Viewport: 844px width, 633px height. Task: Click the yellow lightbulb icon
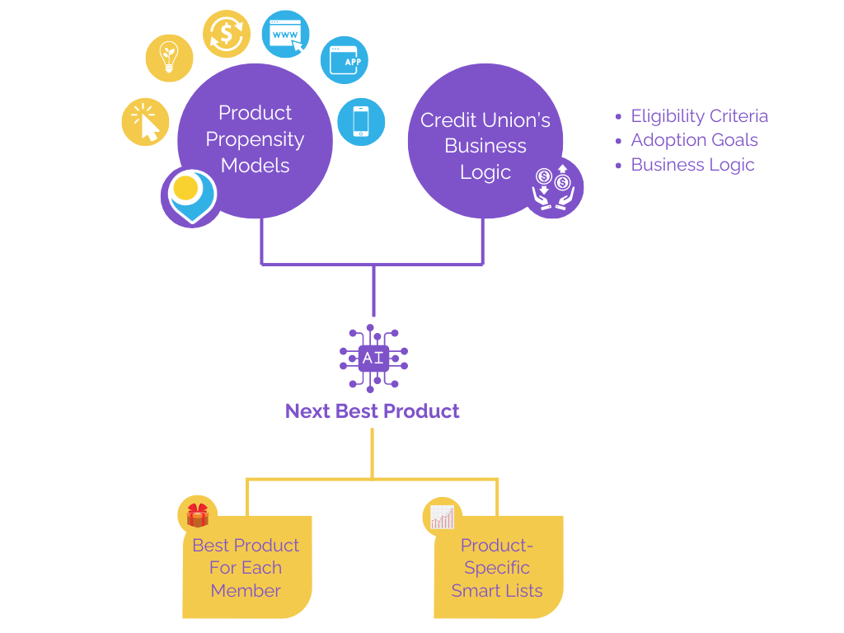tap(170, 59)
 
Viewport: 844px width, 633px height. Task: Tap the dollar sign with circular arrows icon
tap(226, 34)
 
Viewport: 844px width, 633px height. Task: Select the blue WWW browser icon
tap(285, 35)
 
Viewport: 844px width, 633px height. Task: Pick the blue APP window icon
tap(344, 60)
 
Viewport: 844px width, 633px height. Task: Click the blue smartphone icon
tap(361, 121)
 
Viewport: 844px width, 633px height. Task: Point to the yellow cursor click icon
tap(146, 122)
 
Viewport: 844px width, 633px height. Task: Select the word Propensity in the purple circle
tap(255, 139)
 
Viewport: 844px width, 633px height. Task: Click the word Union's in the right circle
tap(515, 120)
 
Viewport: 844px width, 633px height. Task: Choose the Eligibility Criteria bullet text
tap(699, 116)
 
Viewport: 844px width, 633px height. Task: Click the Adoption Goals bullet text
tap(694, 140)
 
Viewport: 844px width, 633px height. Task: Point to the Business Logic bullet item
tap(692, 165)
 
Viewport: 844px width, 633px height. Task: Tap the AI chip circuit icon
tap(373, 358)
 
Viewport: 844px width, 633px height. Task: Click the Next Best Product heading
tap(373, 411)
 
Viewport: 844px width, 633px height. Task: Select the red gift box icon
tap(198, 515)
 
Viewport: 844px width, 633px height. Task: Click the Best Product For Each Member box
tap(246, 568)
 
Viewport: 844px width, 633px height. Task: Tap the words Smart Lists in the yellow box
tap(497, 591)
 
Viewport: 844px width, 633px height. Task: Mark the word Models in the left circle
tap(256, 166)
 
